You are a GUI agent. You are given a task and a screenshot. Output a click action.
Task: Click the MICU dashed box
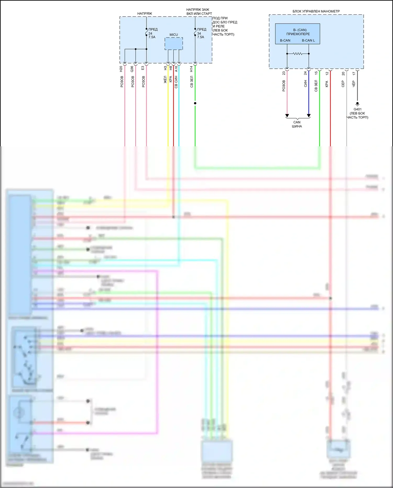coord(174,44)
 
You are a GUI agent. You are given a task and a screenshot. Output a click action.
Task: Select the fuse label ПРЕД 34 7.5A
coord(201,33)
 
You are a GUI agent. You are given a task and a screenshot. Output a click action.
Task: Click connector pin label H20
coord(121,69)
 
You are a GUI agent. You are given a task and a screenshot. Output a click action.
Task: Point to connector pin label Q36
coord(132,69)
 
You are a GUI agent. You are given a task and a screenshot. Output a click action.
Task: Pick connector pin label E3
coord(143,68)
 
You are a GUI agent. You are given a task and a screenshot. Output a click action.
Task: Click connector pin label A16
coord(176,69)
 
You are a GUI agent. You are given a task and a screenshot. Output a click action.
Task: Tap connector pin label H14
coord(192,69)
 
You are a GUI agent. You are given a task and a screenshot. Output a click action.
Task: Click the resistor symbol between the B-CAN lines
coord(298,54)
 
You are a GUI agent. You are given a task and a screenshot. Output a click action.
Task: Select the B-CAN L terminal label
coord(308,40)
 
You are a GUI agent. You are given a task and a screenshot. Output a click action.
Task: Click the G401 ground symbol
coord(357,104)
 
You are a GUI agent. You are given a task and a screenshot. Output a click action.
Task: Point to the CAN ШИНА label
coord(297,124)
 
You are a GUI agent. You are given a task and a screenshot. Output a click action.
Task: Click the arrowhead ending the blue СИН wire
coord(309,116)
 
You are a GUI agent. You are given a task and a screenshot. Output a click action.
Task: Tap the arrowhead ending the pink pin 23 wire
coord(287,116)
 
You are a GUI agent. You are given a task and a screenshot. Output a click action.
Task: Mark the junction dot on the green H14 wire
coord(195,103)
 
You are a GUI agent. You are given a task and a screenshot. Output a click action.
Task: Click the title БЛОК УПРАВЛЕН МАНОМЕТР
coord(316,11)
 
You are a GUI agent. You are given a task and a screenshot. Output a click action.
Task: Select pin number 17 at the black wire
coord(354,74)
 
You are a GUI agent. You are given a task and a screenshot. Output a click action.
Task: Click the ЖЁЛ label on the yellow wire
coord(165,79)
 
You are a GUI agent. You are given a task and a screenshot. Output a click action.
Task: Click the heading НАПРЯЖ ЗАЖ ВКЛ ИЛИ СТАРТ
coord(199,12)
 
